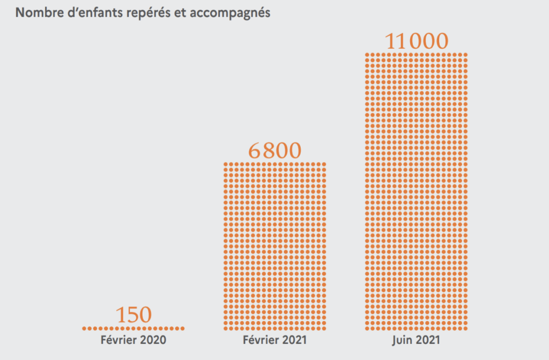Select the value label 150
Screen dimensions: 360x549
pos(133,315)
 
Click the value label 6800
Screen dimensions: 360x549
pos(274,150)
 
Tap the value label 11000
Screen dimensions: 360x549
pos(416,41)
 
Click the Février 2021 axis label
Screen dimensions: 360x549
pos(274,340)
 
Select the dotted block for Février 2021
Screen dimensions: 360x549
pos(274,245)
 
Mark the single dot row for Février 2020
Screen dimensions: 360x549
pos(133,328)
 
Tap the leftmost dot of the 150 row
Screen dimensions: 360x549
pos(84,328)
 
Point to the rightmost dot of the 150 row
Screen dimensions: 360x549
pos(182,328)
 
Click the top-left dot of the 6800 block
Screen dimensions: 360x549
pos(226,164)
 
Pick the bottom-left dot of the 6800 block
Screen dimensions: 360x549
pos(226,328)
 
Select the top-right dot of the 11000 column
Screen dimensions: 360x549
pos(465,55)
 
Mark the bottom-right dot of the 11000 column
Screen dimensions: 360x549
pos(465,328)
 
